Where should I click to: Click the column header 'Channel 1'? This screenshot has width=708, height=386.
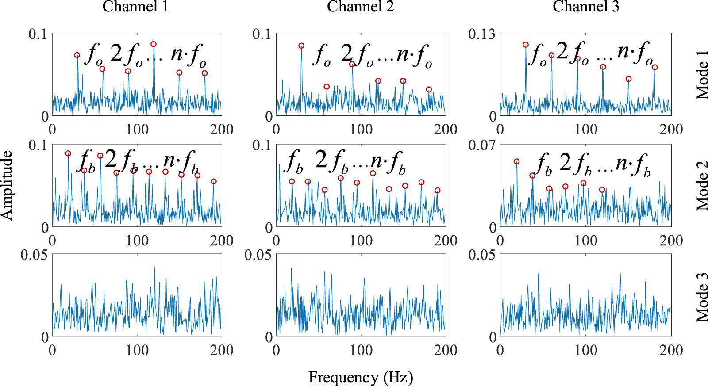click(x=135, y=7)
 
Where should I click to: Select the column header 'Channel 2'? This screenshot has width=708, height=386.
click(x=360, y=7)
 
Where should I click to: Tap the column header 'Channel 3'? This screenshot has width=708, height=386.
click(x=585, y=7)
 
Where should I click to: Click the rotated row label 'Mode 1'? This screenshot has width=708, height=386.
click(x=702, y=74)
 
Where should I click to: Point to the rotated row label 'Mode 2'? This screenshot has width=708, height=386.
click(x=702, y=185)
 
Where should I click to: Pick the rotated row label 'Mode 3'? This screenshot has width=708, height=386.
click(x=702, y=296)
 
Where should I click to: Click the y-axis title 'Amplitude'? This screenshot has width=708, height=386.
click(x=7, y=185)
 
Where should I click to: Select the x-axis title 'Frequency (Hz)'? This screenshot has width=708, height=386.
click(x=360, y=377)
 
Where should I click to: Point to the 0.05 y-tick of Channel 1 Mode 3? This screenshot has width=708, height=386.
click(x=34, y=255)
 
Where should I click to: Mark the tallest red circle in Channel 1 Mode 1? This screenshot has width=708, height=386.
click(x=154, y=44)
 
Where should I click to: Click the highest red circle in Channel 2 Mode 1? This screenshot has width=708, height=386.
click(x=301, y=46)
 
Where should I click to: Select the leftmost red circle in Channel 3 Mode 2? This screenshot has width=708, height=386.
click(x=516, y=162)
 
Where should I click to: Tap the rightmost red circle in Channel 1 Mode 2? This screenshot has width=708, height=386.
click(x=214, y=182)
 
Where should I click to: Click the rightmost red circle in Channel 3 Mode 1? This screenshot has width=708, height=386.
click(x=654, y=68)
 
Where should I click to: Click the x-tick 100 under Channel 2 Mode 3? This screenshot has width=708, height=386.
click(x=361, y=350)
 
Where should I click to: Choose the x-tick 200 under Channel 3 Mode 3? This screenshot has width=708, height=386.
click(x=671, y=350)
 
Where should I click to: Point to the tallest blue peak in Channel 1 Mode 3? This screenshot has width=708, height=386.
click(x=155, y=267)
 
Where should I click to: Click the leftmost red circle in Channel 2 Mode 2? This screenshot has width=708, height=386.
click(x=292, y=182)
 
